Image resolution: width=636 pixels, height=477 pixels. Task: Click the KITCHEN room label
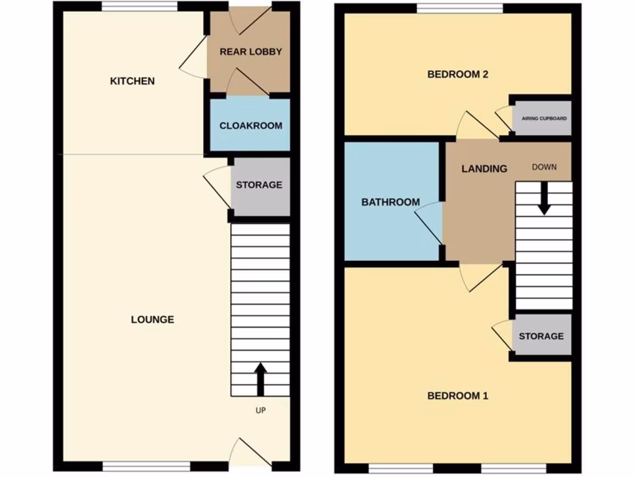(x=132, y=81)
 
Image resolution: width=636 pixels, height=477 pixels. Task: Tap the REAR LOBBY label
(x=250, y=52)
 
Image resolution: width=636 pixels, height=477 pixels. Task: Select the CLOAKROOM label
(x=250, y=125)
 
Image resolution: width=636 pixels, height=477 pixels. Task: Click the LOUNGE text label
(x=152, y=320)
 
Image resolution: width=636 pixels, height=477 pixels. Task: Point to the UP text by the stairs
(x=260, y=411)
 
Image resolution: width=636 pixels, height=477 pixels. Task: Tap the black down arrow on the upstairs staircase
(x=543, y=198)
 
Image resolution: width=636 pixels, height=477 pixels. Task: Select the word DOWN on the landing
(x=544, y=167)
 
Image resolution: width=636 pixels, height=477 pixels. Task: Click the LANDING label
(x=484, y=168)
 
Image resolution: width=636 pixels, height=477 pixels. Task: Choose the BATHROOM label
(x=391, y=202)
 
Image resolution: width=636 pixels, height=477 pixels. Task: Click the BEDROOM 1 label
(x=458, y=396)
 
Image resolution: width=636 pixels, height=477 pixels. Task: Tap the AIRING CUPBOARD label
(x=544, y=118)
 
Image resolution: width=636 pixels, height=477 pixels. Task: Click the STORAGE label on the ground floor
(x=259, y=185)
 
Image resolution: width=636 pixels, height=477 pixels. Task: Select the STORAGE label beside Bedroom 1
(x=541, y=336)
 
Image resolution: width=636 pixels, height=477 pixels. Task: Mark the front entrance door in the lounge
(x=250, y=452)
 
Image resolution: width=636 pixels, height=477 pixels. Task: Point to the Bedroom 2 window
(x=460, y=7)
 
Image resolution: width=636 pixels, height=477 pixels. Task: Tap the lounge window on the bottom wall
(x=146, y=466)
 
